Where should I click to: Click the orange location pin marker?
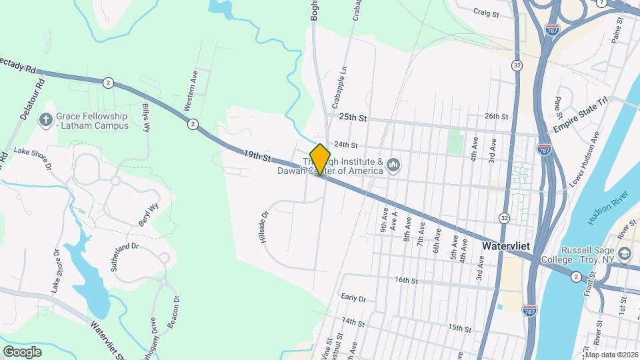point(321,159)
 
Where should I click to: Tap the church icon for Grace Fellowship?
point(46,120)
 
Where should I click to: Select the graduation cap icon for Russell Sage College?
point(625,254)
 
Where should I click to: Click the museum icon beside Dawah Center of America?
point(393,165)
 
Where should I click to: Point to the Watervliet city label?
point(505,246)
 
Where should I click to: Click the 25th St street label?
point(353,117)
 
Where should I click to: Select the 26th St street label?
point(497,116)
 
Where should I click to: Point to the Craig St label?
point(486,12)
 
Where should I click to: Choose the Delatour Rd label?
point(31,100)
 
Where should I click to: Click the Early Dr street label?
point(353,298)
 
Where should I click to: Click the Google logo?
point(22,351)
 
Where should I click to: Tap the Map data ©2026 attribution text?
point(611,355)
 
